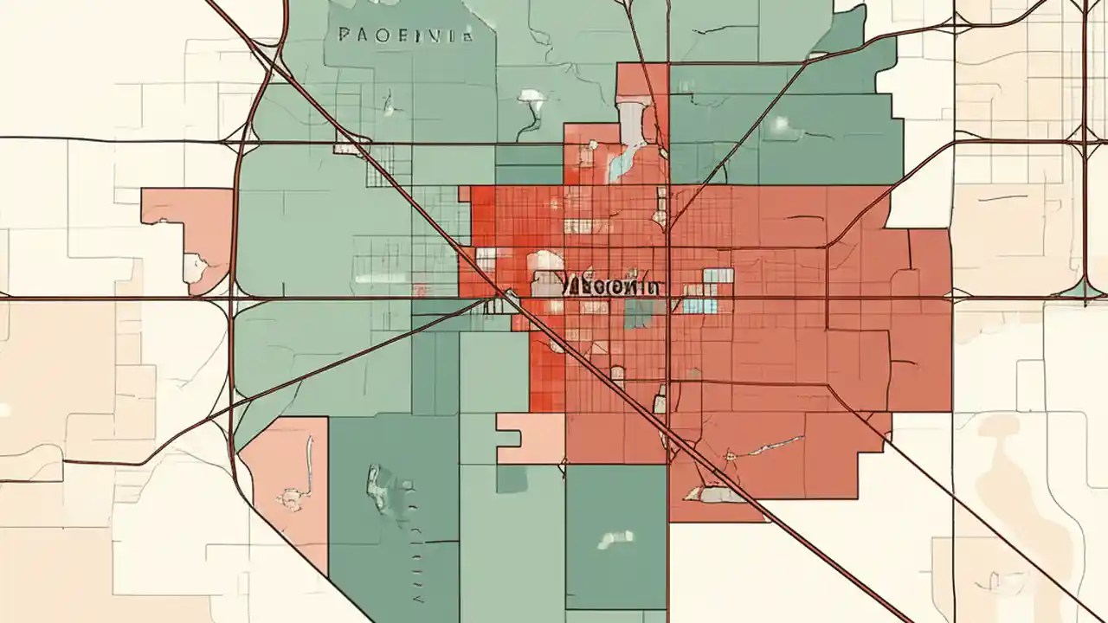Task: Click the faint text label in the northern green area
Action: tap(405, 35)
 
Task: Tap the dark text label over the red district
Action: tap(609, 286)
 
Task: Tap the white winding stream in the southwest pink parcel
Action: tap(310, 459)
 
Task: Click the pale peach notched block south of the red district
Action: tap(530, 437)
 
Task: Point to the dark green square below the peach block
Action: tap(511, 478)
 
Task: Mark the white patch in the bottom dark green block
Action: tap(614, 539)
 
